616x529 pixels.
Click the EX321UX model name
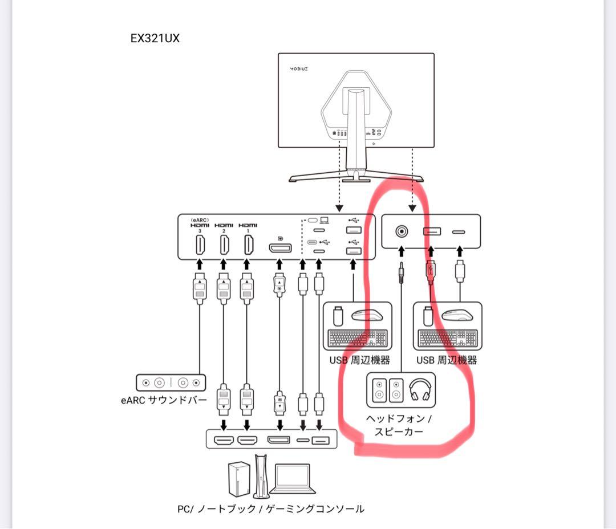[x=155, y=39]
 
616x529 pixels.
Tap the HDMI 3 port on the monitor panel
[x=200, y=245]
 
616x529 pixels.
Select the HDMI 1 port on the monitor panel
[x=248, y=245]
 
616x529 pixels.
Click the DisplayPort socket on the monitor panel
[x=279, y=248]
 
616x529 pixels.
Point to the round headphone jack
[x=402, y=231]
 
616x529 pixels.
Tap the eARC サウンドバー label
[x=164, y=400]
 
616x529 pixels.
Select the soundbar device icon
[x=171, y=383]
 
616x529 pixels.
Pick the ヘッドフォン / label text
[x=399, y=418]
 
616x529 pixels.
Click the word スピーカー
[x=399, y=432]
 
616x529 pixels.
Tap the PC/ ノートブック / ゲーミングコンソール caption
[x=270, y=509]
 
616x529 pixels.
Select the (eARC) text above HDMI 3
[x=200, y=219]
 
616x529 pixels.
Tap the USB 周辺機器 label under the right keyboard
[x=447, y=360]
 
